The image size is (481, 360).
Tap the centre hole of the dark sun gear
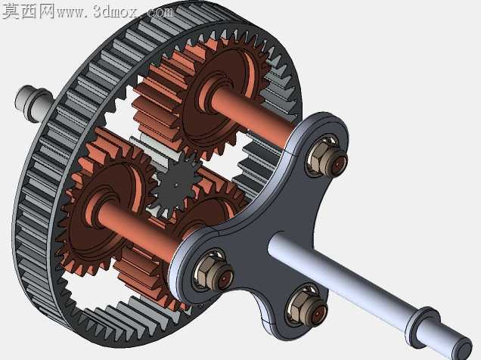tap(175, 185)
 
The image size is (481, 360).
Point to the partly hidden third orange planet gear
tap(215, 212)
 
